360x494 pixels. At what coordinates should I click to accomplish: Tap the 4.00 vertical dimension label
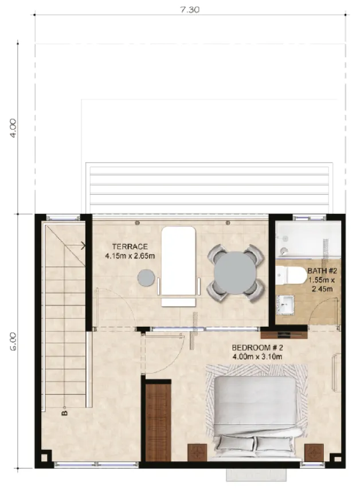(x=14, y=127)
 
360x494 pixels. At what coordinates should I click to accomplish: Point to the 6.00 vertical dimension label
(x=14, y=340)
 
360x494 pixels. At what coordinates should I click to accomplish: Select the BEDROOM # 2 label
(x=257, y=348)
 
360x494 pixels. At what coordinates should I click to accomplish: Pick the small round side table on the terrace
(x=147, y=278)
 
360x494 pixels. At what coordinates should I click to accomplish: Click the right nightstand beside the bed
(x=314, y=452)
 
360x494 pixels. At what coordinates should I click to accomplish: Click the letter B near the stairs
(x=64, y=411)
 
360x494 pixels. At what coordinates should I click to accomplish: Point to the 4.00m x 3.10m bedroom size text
(x=257, y=357)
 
